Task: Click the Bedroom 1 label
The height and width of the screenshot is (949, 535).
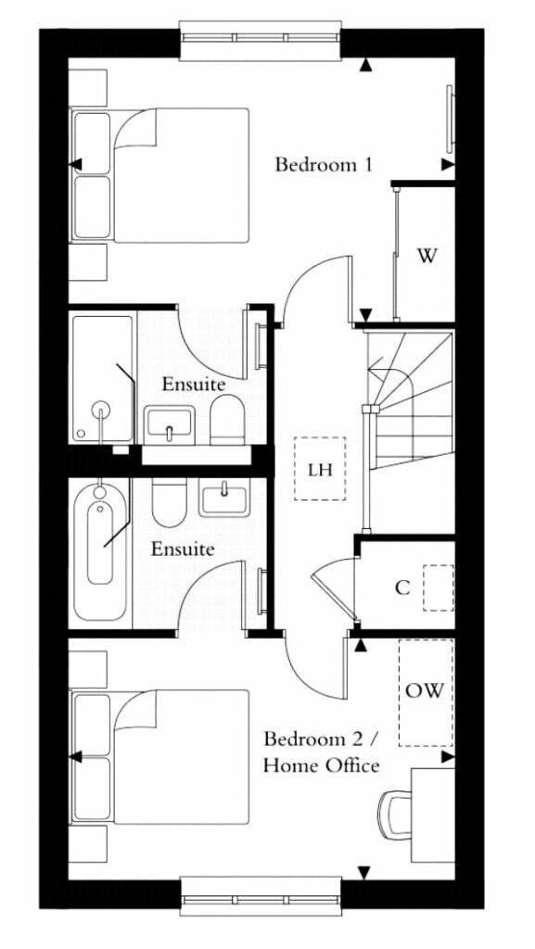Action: pyautogui.click(x=324, y=164)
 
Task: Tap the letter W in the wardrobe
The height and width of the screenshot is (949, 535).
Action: pyautogui.click(x=427, y=257)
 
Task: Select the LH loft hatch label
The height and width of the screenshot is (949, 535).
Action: pyautogui.click(x=320, y=469)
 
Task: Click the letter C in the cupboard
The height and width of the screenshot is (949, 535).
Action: pyautogui.click(x=401, y=587)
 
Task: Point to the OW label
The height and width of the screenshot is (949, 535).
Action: pyautogui.click(x=425, y=690)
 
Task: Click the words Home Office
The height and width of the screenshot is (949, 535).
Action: pyautogui.click(x=322, y=766)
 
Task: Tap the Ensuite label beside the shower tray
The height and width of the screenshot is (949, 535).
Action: pyautogui.click(x=194, y=384)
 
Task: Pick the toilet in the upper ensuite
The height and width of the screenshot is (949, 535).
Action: pyautogui.click(x=227, y=420)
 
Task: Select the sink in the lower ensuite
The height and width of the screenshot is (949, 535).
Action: pyautogui.click(x=224, y=497)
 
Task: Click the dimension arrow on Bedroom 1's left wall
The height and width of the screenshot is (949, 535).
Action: pyautogui.click(x=75, y=164)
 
